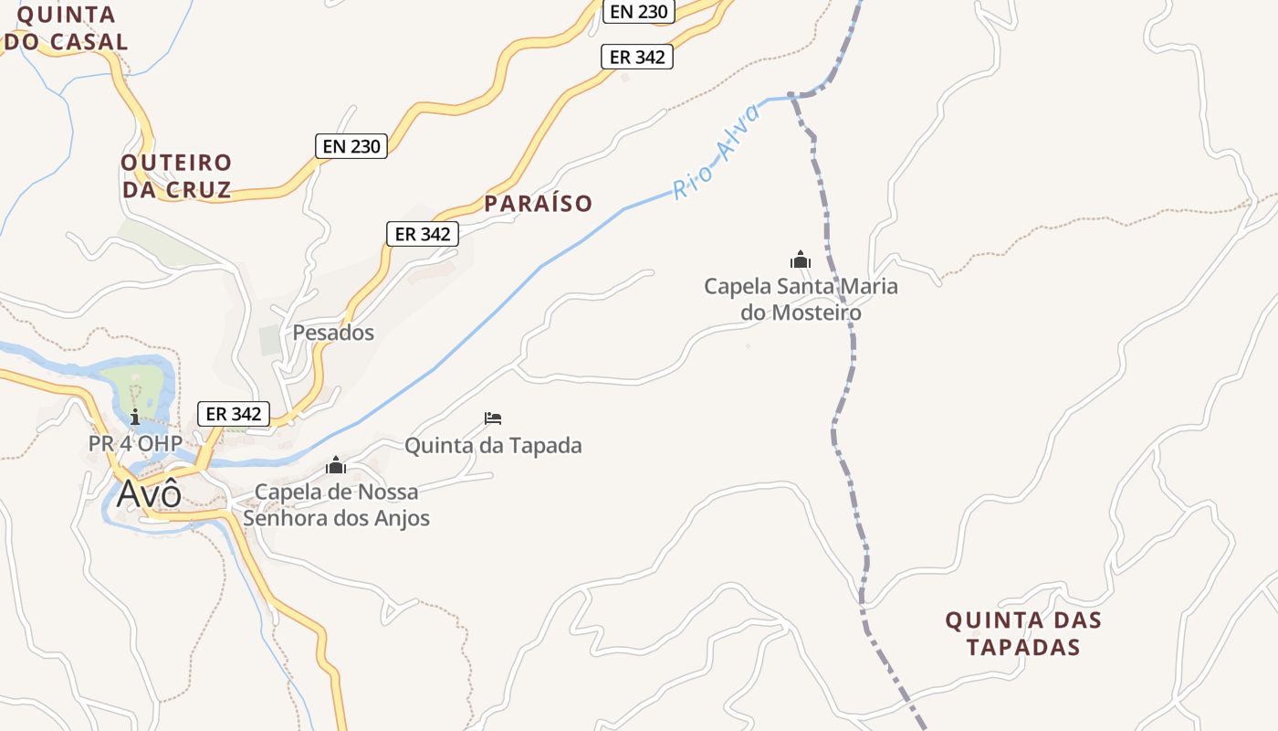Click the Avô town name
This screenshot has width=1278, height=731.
[149, 493]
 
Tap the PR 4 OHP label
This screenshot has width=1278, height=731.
[134, 443]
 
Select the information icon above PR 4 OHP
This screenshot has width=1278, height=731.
[135, 418]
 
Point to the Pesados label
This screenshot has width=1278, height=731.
[333, 333]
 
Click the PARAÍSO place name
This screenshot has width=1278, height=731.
[539, 204]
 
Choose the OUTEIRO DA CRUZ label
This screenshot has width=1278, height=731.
[176, 176]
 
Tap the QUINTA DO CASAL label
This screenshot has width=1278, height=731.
[66, 28]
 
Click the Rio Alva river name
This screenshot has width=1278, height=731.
[717, 153]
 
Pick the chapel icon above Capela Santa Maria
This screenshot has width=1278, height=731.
[801, 260]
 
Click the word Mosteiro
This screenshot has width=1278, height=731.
[816, 313]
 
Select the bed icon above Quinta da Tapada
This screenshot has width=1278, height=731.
[493, 418]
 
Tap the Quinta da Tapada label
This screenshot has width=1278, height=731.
[493, 446]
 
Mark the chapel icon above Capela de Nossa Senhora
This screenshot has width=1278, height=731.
[336, 465]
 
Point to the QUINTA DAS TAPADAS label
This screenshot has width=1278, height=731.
[1023, 634]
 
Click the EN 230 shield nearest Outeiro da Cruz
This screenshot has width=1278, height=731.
[351, 145]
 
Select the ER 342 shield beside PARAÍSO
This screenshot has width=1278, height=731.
[421, 234]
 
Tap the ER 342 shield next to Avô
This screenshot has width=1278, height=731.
[234, 414]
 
